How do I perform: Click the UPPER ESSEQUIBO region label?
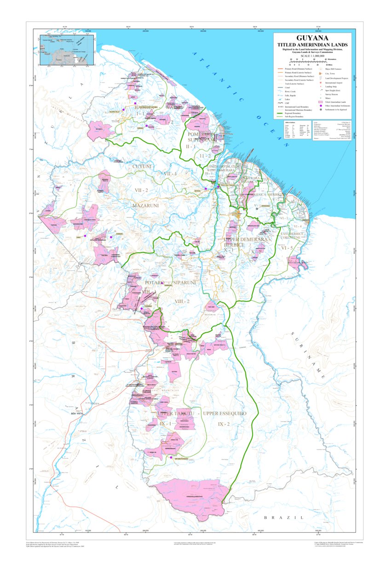click(224, 413)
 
